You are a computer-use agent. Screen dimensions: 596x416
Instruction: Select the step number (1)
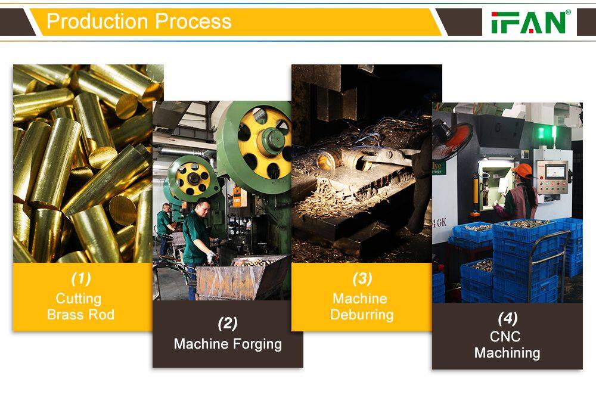81,279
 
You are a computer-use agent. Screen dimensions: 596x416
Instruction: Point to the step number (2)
228,324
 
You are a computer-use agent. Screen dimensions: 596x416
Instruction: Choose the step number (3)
362,279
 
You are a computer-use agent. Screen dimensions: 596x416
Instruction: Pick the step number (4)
508,318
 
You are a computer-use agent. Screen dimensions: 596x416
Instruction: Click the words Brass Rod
80,315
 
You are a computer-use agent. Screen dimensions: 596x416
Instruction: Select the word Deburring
362,315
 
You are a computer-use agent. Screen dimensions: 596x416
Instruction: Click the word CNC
505,337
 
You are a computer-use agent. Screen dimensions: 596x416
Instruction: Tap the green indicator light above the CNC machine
541,133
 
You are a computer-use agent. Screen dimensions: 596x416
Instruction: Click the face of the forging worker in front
203,209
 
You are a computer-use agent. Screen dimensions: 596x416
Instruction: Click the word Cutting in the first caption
79,299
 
